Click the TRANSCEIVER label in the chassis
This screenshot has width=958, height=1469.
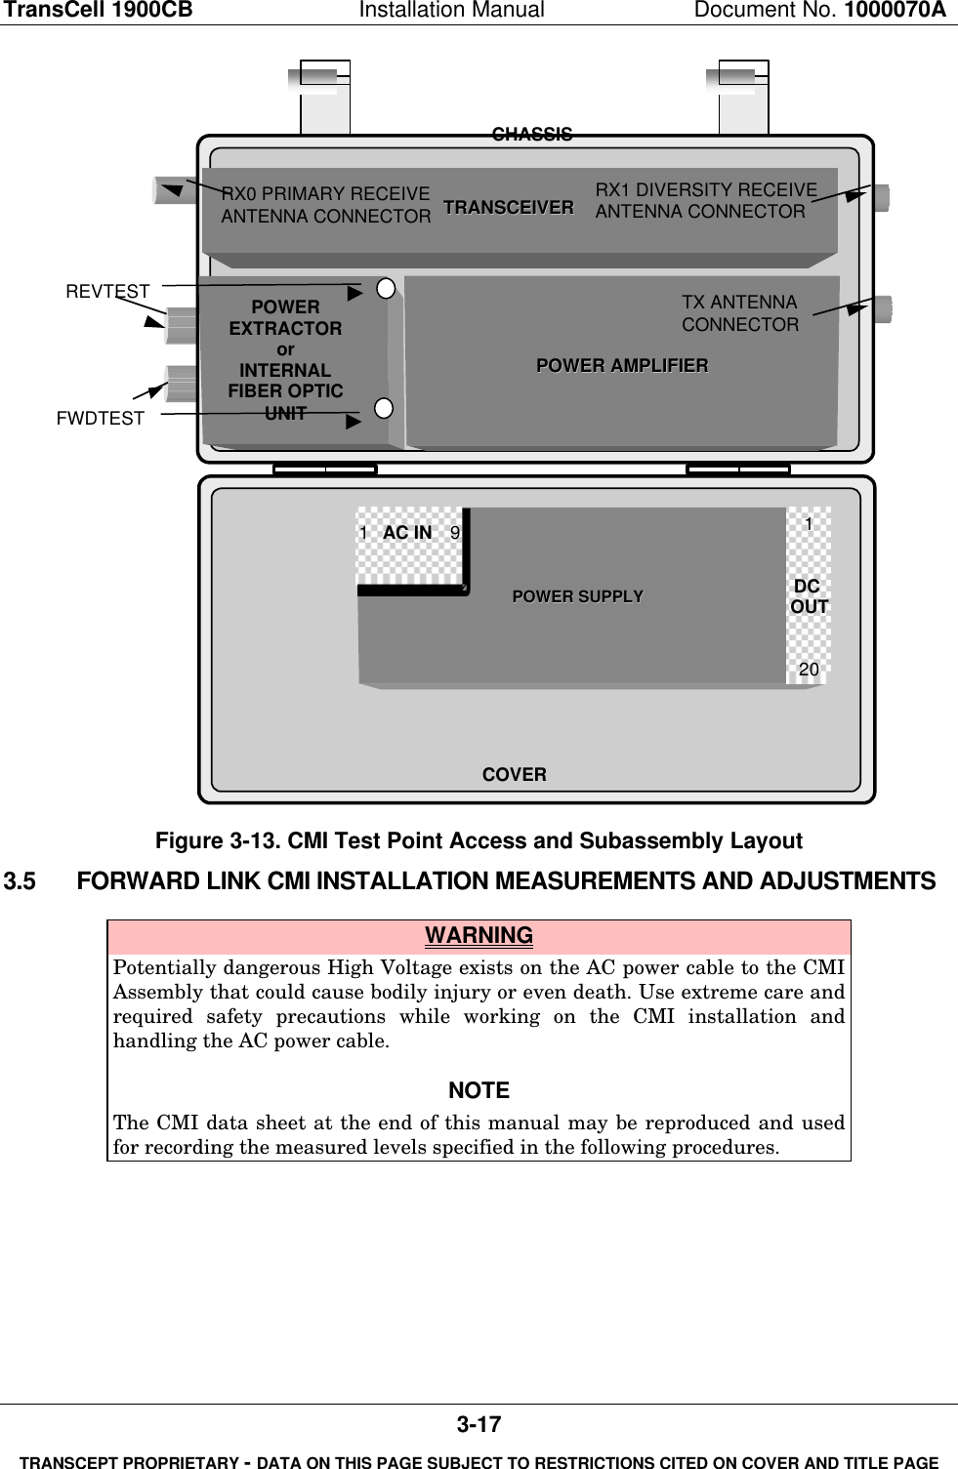[x=508, y=207]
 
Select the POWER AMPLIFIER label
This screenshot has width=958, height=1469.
[x=622, y=365]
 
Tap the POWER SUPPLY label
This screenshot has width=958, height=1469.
[x=577, y=596]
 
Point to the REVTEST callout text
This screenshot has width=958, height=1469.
[x=107, y=291]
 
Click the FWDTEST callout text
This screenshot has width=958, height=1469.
[x=100, y=418]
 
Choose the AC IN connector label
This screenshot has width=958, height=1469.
[x=407, y=532]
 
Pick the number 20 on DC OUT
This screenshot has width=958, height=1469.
[x=809, y=669]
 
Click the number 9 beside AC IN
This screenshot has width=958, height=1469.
[x=455, y=533]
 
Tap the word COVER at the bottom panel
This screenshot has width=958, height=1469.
[x=514, y=774]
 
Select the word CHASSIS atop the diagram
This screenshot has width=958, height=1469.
[x=532, y=134]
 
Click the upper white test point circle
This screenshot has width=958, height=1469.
[x=386, y=288]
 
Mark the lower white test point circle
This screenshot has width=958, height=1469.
[x=384, y=408]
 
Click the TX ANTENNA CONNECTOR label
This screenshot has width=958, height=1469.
[x=739, y=313]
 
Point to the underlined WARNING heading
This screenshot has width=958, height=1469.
[x=479, y=935]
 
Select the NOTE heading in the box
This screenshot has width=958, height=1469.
[x=479, y=1090]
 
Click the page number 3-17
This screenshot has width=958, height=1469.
[x=479, y=1424]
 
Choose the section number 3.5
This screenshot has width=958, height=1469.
[x=20, y=881]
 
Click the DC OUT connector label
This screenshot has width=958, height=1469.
[x=809, y=596]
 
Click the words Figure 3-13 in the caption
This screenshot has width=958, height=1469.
[x=216, y=841]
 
